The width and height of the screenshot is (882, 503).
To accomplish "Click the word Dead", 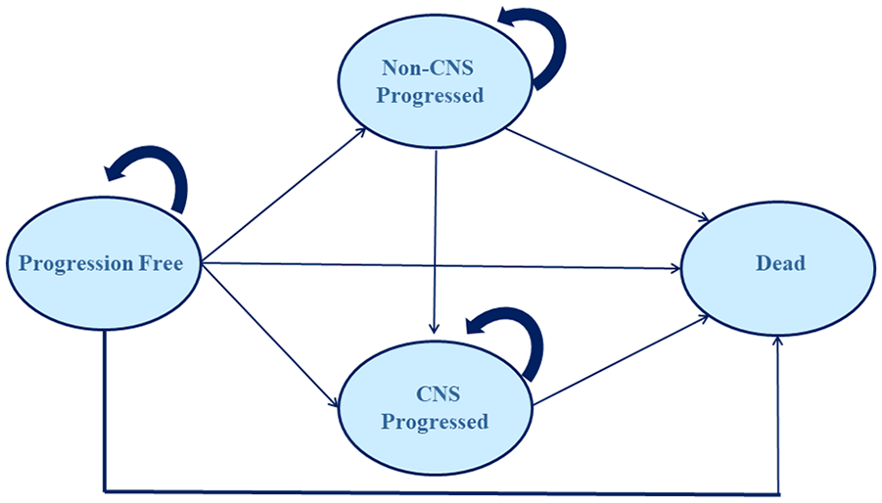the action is point(780,263).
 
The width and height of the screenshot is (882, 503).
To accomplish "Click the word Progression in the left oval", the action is point(74,263).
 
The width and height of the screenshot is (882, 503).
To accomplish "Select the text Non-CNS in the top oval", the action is point(428,68).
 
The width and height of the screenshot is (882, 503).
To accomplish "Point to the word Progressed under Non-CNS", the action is point(430,96).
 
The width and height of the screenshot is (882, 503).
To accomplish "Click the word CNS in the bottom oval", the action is point(439,394).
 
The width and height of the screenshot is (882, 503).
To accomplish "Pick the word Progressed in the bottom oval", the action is point(435,422).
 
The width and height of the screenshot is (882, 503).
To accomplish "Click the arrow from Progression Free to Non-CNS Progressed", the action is point(284,195).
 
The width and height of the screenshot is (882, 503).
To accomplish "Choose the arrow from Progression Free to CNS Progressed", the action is point(270,335).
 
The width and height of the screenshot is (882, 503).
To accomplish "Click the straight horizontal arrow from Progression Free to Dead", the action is point(441,266).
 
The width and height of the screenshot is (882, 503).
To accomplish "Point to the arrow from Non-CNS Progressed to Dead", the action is point(607,174).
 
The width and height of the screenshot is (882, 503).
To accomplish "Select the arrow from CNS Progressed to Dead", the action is point(621,360).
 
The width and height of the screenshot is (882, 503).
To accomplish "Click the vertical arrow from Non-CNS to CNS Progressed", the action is point(435,242).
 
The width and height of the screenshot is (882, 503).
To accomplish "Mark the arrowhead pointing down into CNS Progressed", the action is point(434,329).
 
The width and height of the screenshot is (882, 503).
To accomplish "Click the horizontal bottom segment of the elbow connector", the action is point(441,492).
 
